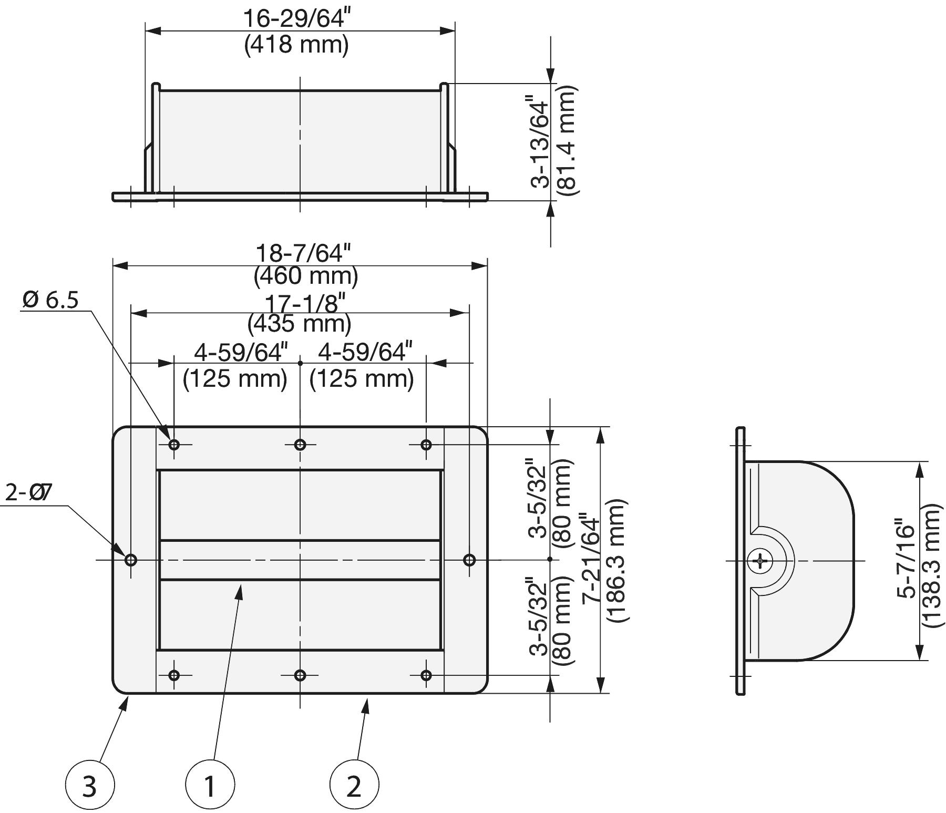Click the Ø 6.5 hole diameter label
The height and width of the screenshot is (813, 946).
(50, 300)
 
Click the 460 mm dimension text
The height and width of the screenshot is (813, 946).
(306, 276)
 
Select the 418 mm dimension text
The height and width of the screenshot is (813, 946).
(296, 45)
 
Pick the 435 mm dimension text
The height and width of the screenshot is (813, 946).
(300, 323)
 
